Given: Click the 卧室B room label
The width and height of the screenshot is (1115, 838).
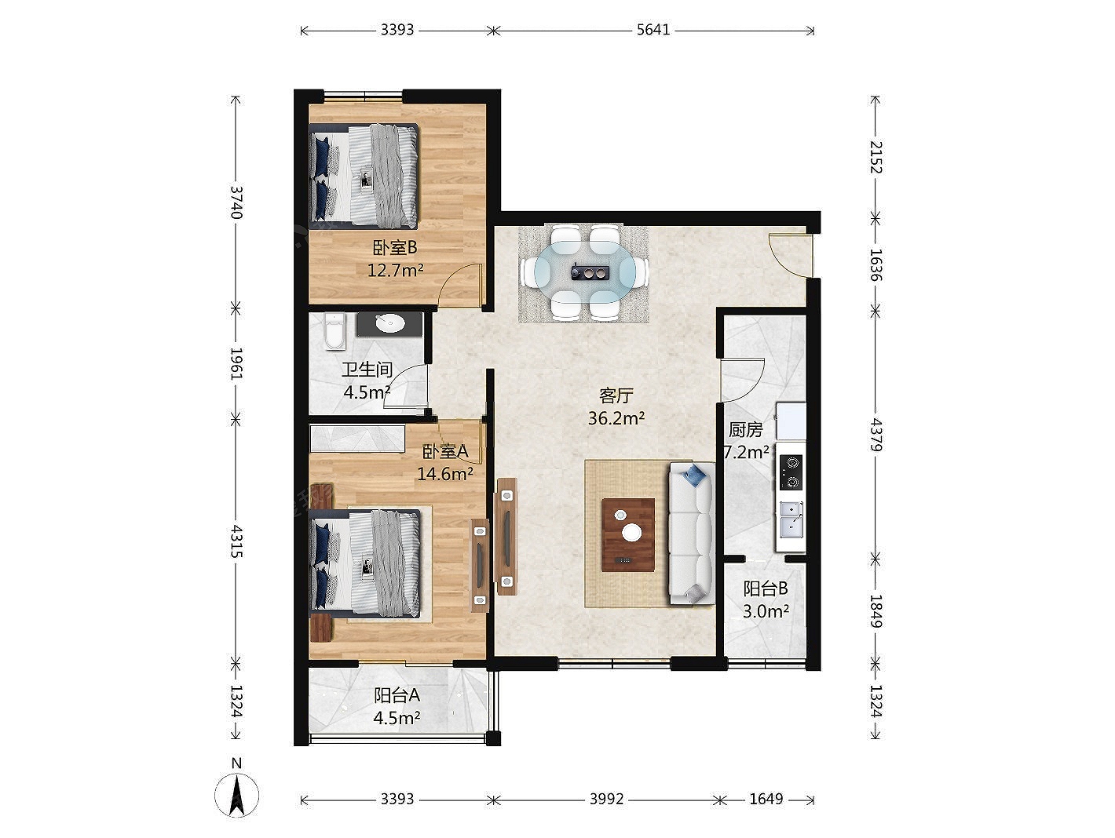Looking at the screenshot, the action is click(395, 248).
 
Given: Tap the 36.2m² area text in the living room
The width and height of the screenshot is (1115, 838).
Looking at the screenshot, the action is click(616, 418).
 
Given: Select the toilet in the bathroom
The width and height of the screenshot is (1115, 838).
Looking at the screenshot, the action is click(335, 331).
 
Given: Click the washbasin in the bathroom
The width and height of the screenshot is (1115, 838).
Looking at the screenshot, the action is click(389, 324).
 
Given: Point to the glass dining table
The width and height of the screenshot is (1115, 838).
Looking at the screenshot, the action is click(585, 272).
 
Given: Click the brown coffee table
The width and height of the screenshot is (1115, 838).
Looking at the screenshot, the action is click(628, 534).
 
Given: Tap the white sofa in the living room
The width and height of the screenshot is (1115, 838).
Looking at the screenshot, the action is click(692, 533).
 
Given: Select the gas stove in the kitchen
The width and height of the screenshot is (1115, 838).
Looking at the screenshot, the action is click(792, 472).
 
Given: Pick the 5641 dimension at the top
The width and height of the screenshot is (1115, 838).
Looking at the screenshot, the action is click(653, 30).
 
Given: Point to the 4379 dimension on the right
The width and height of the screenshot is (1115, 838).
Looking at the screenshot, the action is click(876, 435).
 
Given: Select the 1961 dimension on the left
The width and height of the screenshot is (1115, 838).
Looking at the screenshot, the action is click(236, 363).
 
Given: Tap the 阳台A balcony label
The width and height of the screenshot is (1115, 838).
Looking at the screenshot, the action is click(397, 695).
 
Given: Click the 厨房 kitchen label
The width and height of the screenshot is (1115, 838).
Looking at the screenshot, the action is click(746, 429).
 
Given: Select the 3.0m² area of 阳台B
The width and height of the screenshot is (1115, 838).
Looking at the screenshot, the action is click(766, 611).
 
